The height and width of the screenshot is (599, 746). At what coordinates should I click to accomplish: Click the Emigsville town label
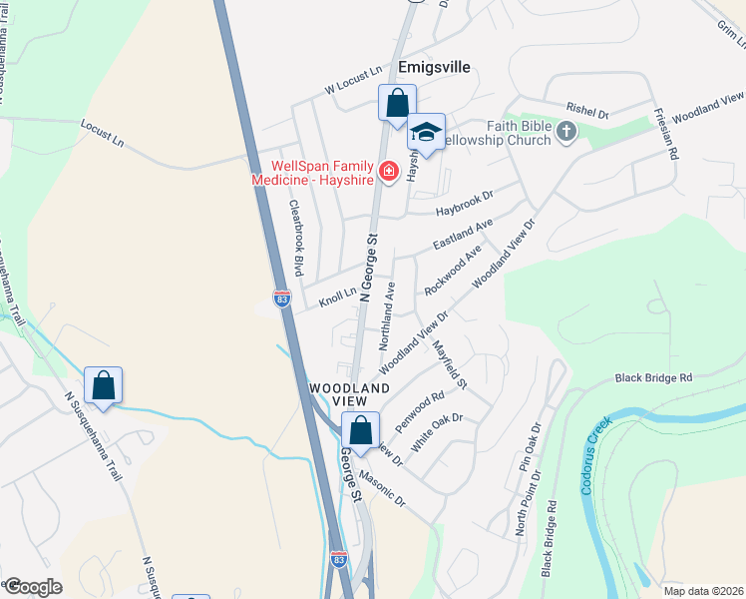(x=433, y=68)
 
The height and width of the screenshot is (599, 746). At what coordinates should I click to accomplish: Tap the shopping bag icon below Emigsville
(x=397, y=103)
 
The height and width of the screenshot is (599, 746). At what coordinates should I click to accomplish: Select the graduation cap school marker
(x=426, y=134)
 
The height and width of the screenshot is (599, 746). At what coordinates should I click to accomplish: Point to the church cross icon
(x=566, y=131)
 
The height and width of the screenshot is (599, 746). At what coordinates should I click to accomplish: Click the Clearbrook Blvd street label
(x=295, y=238)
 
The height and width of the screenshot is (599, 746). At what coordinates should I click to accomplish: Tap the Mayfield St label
(x=450, y=363)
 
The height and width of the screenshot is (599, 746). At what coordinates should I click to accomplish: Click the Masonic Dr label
(x=383, y=486)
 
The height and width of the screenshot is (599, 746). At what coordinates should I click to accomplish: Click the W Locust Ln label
(x=354, y=80)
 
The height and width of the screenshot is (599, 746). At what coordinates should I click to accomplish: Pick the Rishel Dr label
(x=586, y=112)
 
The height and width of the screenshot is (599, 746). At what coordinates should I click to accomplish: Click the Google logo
(x=33, y=586)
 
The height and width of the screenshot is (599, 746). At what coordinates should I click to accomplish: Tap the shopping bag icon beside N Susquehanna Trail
(x=104, y=384)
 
